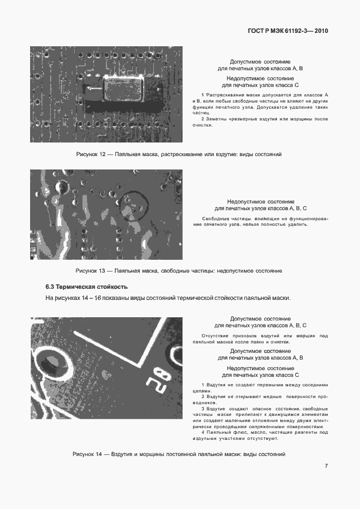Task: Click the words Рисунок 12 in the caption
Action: click(x=91, y=153)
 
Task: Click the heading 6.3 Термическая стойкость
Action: click(x=86, y=287)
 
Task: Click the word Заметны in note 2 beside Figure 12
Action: click(x=217, y=119)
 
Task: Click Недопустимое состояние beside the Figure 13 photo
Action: click(x=260, y=201)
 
